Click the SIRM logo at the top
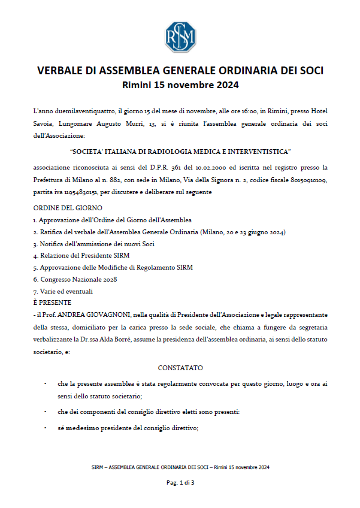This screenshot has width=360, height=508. (x=180, y=37)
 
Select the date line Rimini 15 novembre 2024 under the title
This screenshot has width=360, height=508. (x=180, y=85)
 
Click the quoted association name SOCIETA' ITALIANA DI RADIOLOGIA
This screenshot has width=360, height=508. (x=180, y=152)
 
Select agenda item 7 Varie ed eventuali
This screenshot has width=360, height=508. (x=66, y=291)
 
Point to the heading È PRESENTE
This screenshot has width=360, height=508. (x=53, y=303)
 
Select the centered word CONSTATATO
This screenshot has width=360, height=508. (x=180, y=367)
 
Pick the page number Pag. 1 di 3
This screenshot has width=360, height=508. (x=180, y=482)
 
